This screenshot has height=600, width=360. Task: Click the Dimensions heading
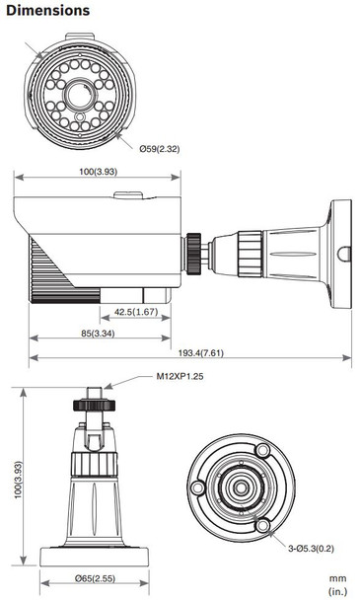pos(47,11)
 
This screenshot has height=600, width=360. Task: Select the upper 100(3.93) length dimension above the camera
pos(98,172)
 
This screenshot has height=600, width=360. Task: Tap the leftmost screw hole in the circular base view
pos(197,488)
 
